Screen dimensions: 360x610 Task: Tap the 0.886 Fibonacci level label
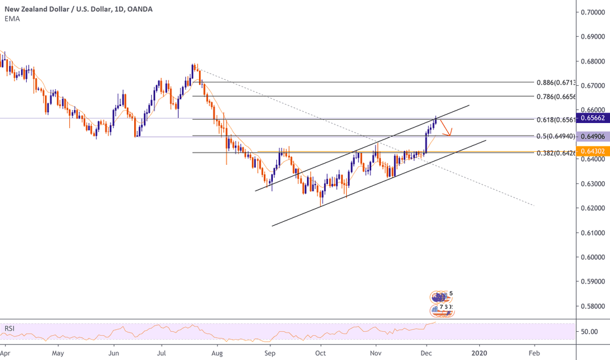557,83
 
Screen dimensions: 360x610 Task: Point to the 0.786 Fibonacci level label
557,96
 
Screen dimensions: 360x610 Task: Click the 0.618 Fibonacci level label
557,120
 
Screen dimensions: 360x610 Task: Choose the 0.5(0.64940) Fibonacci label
554,136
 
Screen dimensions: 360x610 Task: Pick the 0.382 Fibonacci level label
557,153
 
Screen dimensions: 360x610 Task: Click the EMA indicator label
11,19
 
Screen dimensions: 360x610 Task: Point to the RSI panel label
10,327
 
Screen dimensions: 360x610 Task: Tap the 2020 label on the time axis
479,352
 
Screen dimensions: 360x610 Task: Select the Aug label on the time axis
218,352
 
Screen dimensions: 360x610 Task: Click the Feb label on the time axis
534,352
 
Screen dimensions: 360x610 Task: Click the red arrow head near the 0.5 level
450,134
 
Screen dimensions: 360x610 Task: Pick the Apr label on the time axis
5,352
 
